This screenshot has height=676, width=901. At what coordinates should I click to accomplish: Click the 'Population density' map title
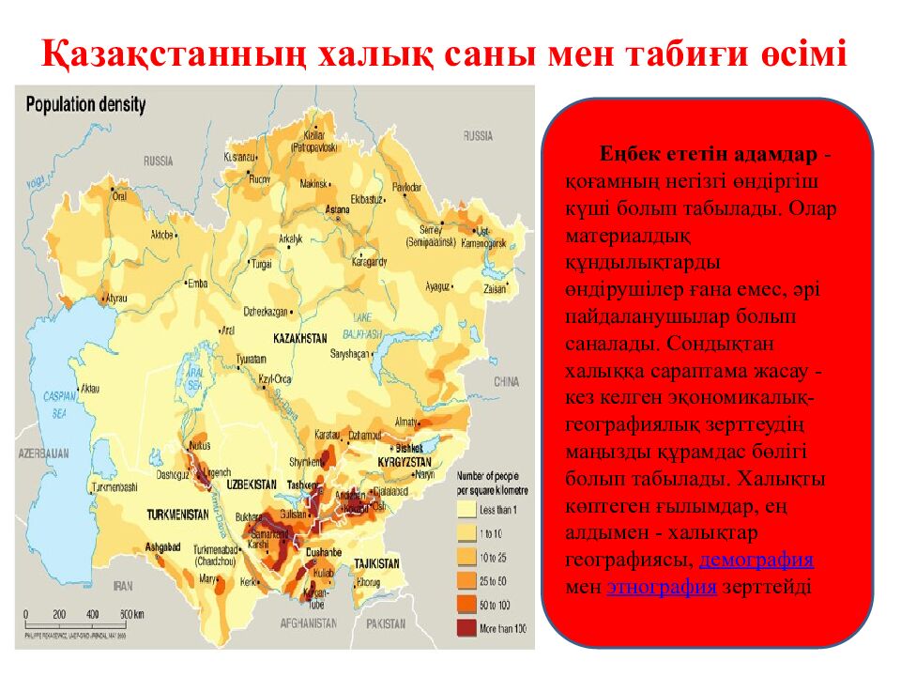click(x=85, y=104)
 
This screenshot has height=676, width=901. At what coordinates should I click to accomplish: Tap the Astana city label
click(x=337, y=208)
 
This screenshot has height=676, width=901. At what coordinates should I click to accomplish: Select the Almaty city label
click(x=406, y=422)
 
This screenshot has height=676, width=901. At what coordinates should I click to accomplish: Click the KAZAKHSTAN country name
click(x=299, y=337)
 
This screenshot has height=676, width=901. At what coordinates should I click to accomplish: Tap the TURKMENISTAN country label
click(x=176, y=515)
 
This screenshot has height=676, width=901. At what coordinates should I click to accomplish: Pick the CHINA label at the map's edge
click(x=506, y=382)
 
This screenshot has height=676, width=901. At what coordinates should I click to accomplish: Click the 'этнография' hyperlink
click(x=662, y=588)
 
